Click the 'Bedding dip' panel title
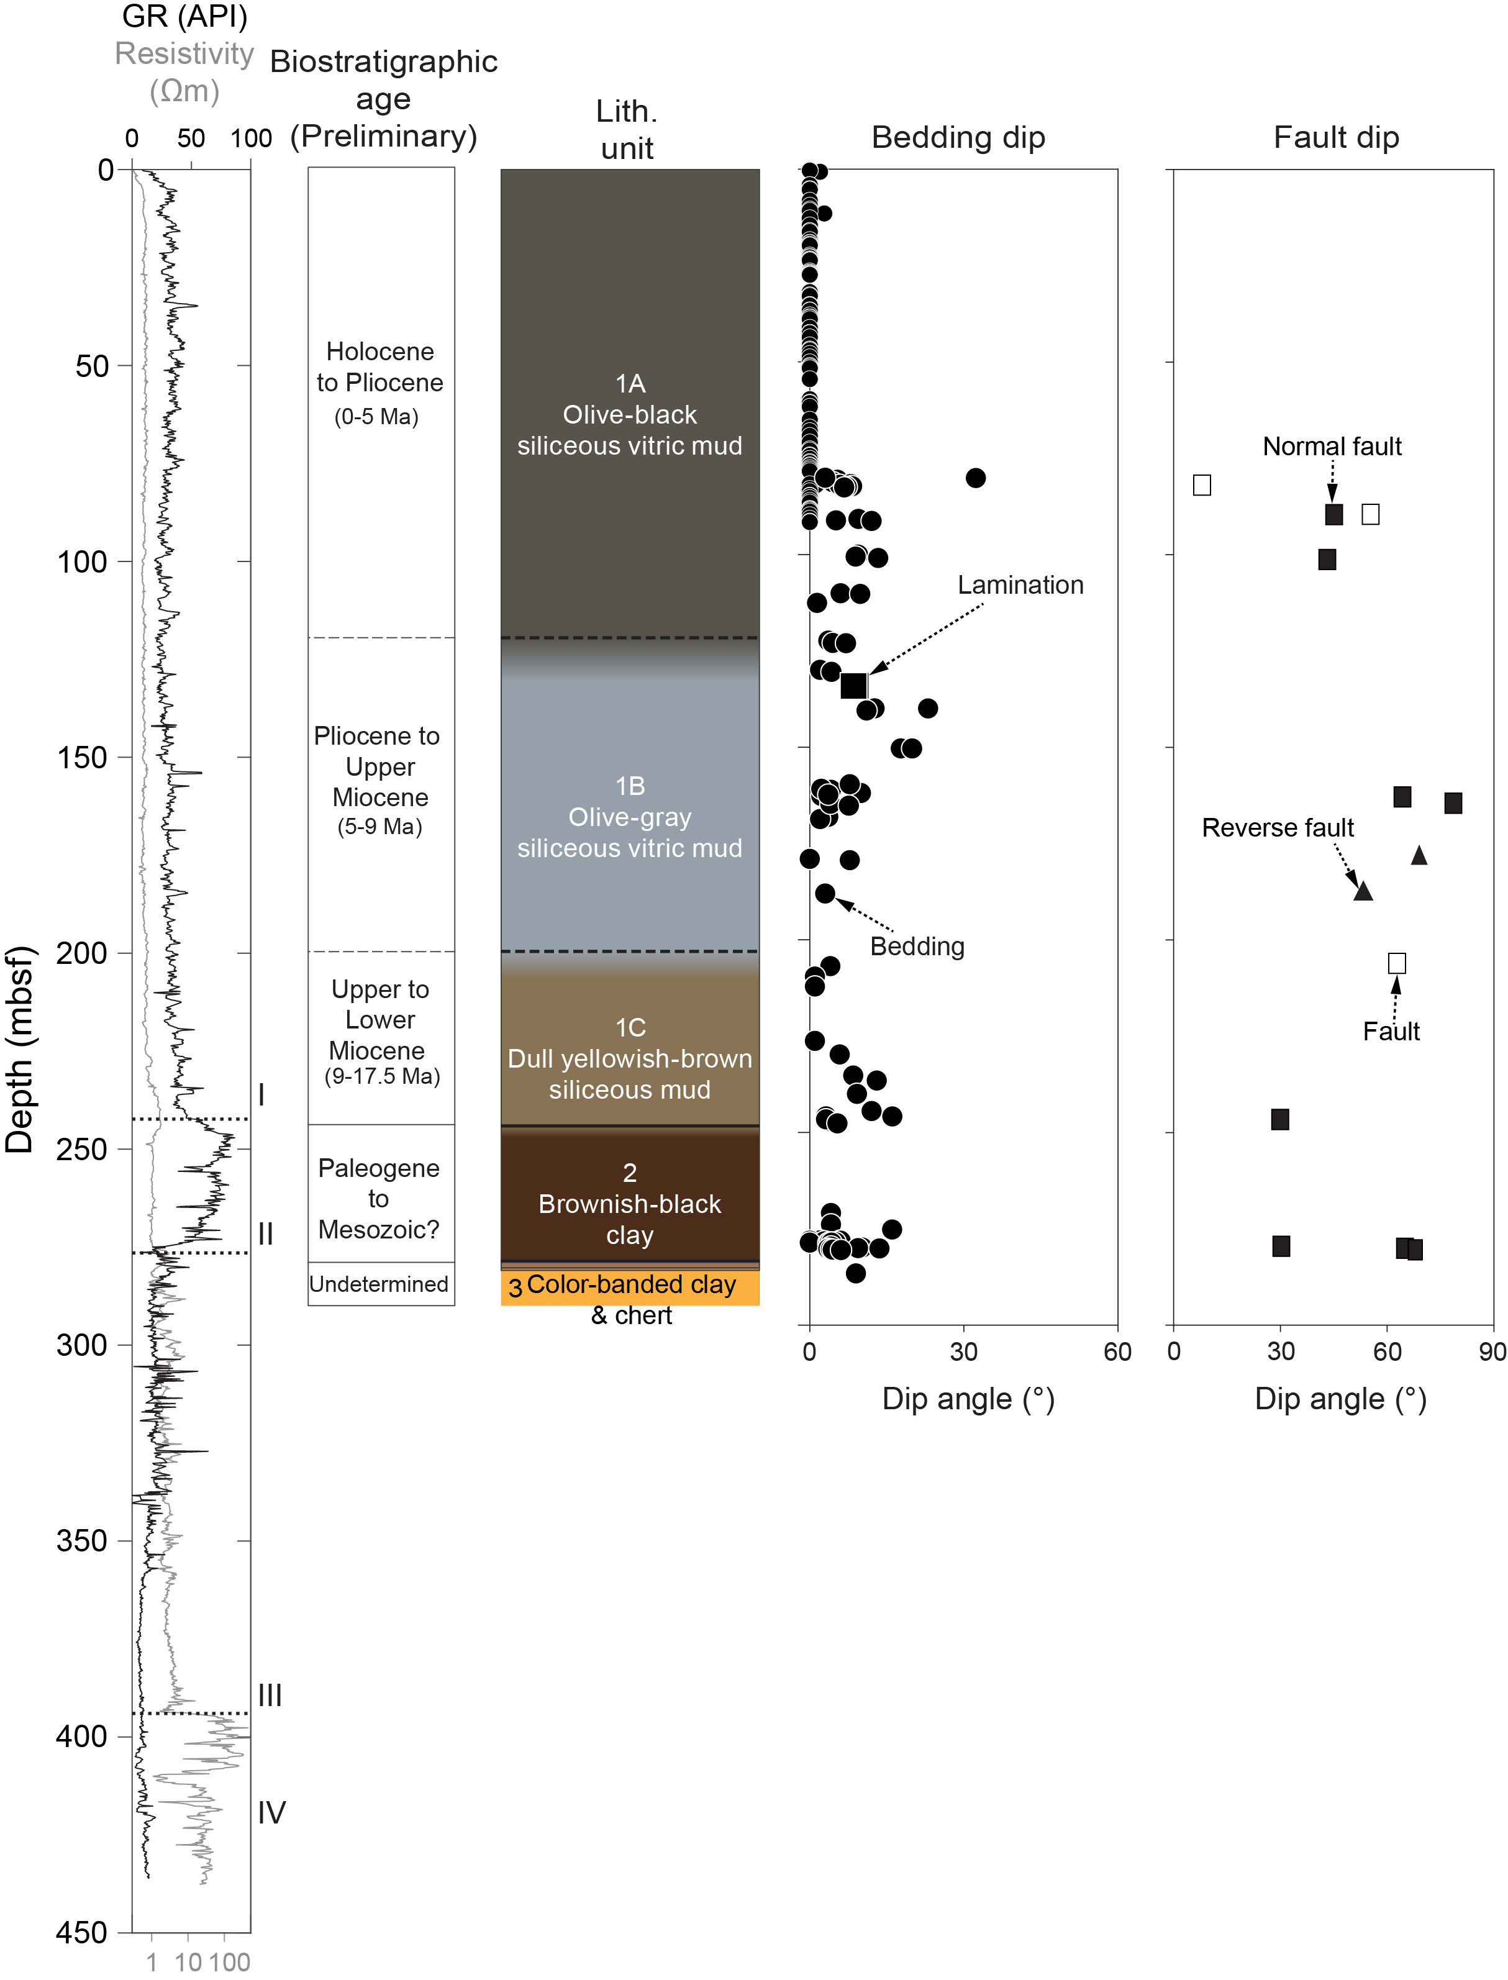click(958, 137)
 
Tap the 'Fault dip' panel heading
click(1336, 137)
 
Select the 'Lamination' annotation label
click(1020, 585)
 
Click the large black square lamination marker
click(853, 686)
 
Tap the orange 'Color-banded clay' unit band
click(630, 1286)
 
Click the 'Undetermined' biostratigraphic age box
click(379, 1284)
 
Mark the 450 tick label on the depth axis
click(82, 1932)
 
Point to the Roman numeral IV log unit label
click(271, 1813)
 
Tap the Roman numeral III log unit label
click(270, 1696)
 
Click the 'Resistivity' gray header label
click(184, 54)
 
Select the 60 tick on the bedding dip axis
click(1117, 1351)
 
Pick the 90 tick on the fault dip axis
click(1492, 1351)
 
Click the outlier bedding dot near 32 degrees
click(976, 478)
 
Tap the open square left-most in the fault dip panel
click(1202, 484)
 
